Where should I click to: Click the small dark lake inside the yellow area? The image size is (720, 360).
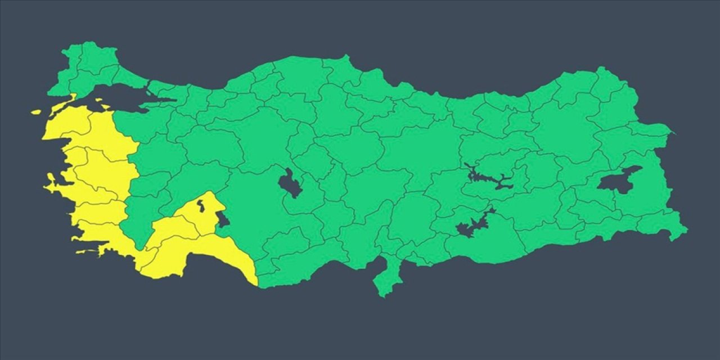click(x=201, y=206)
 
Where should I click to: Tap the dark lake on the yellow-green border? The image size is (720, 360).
click(x=223, y=219)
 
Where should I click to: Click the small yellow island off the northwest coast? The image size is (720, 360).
click(x=37, y=112)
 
